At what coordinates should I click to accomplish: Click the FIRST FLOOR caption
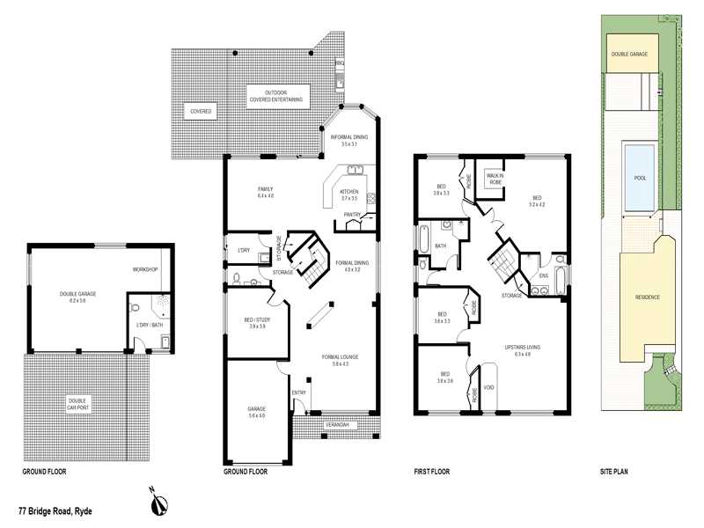click(x=432, y=472)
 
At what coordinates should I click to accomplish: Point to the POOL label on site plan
click(x=640, y=178)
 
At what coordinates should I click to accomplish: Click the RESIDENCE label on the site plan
click(x=647, y=297)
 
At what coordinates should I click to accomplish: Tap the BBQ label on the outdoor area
click(x=340, y=63)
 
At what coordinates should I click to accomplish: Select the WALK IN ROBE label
click(x=495, y=179)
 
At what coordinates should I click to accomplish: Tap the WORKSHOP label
click(x=145, y=269)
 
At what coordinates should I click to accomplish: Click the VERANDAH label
click(x=337, y=426)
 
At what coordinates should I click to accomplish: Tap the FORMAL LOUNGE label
click(x=340, y=360)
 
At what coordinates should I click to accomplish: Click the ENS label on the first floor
click(x=543, y=275)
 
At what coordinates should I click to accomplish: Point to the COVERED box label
click(x=201, y=112)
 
